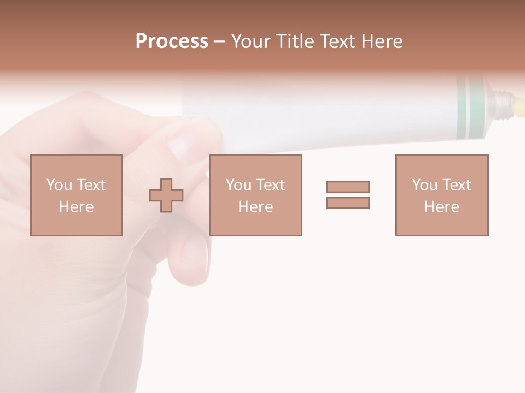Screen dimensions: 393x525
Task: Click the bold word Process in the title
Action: pyautogui.click(x=172, y=41)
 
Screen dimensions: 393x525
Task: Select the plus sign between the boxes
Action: pyautogui.click(x=166, y=195)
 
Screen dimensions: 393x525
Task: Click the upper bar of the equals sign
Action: pyautogui.click(x=348, y=187)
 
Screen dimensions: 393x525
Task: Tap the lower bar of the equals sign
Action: pyautogui.click(x=348, y=203)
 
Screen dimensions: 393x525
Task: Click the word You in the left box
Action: pyautogui.click(x=59, y=185)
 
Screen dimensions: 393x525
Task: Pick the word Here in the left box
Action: pyautogui.click(x=76, y=207)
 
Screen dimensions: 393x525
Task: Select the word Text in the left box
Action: pyautogui.click(x=91, y=185)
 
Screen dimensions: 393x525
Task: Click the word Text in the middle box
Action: pyautogui.click(x=270, y=185)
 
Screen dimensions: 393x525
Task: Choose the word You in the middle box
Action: pyautogui.click(x=238, y=185)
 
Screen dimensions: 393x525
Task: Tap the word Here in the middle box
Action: pyautogui.click(x=255, y=207)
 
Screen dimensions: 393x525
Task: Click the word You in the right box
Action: pyautogui.click(x=424, y=185)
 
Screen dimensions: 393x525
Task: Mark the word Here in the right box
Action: pyautogui.click(x=441, y=207)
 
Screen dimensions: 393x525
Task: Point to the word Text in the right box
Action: pyautogui.click(x=456, y=185)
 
